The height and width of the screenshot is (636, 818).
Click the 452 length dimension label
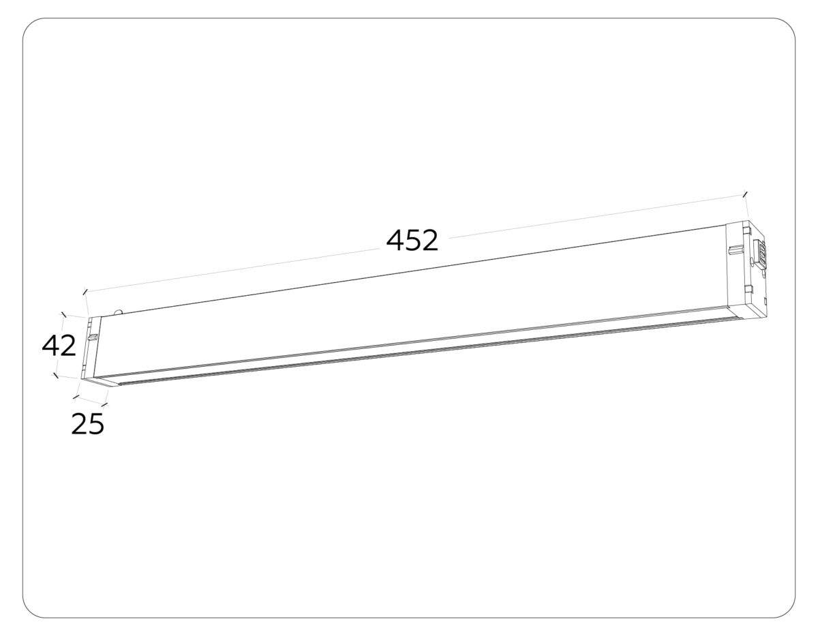coord(412,240)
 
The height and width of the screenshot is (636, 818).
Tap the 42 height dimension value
coord(59,346)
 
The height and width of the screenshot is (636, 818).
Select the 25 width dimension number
coord(88,424)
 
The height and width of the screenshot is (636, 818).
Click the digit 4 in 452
coord(395,240)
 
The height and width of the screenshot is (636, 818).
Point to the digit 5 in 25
coord(96,424)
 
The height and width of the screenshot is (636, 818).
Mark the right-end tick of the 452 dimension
coord(745,195)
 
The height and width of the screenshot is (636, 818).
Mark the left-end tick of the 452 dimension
coord(85,292)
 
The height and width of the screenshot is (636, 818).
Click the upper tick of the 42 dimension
coord(63,315)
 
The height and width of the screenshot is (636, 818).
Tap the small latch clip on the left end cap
coord(91,336)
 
